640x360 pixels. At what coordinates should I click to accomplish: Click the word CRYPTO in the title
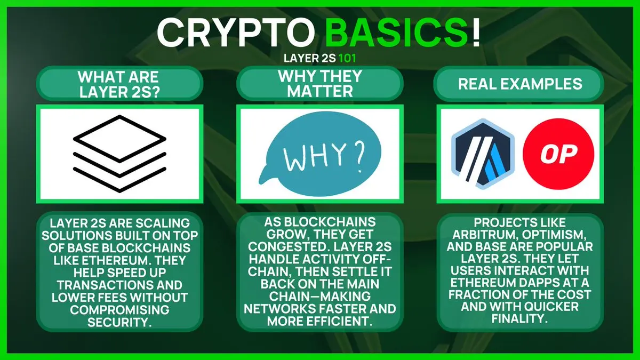click(236, 33)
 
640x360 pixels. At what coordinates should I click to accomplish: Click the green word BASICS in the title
click(397, 33)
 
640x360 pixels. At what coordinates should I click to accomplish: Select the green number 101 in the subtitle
click(347, 58)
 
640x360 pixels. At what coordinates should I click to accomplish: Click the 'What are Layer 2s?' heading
click(119, 85)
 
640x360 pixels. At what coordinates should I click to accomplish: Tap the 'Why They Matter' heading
click(320, 83)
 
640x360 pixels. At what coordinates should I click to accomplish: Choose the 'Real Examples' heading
click(520, 84)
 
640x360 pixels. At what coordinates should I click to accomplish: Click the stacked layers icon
click(119, 154)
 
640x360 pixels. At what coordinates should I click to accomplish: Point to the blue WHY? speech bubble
click(320, 154)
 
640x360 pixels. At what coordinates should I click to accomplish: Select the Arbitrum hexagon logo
click(483, 154)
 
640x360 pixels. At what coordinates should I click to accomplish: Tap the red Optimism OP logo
click(558, 154)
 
